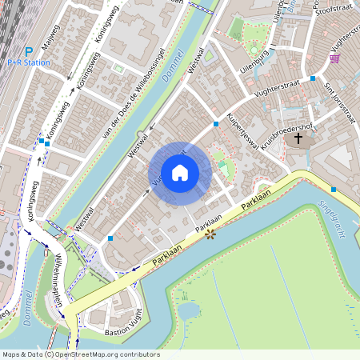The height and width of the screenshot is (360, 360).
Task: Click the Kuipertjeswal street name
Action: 245,131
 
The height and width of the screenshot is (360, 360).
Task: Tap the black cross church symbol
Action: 298,138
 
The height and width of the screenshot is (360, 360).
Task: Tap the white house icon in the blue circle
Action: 179,172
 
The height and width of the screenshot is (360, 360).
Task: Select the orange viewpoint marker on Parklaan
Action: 211,234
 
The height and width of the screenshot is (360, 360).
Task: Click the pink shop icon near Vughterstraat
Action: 334,58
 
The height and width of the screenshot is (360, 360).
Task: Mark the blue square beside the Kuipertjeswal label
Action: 216,124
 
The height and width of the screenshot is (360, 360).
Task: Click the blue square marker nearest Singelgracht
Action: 333,190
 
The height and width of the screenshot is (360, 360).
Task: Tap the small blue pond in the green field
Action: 190,310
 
